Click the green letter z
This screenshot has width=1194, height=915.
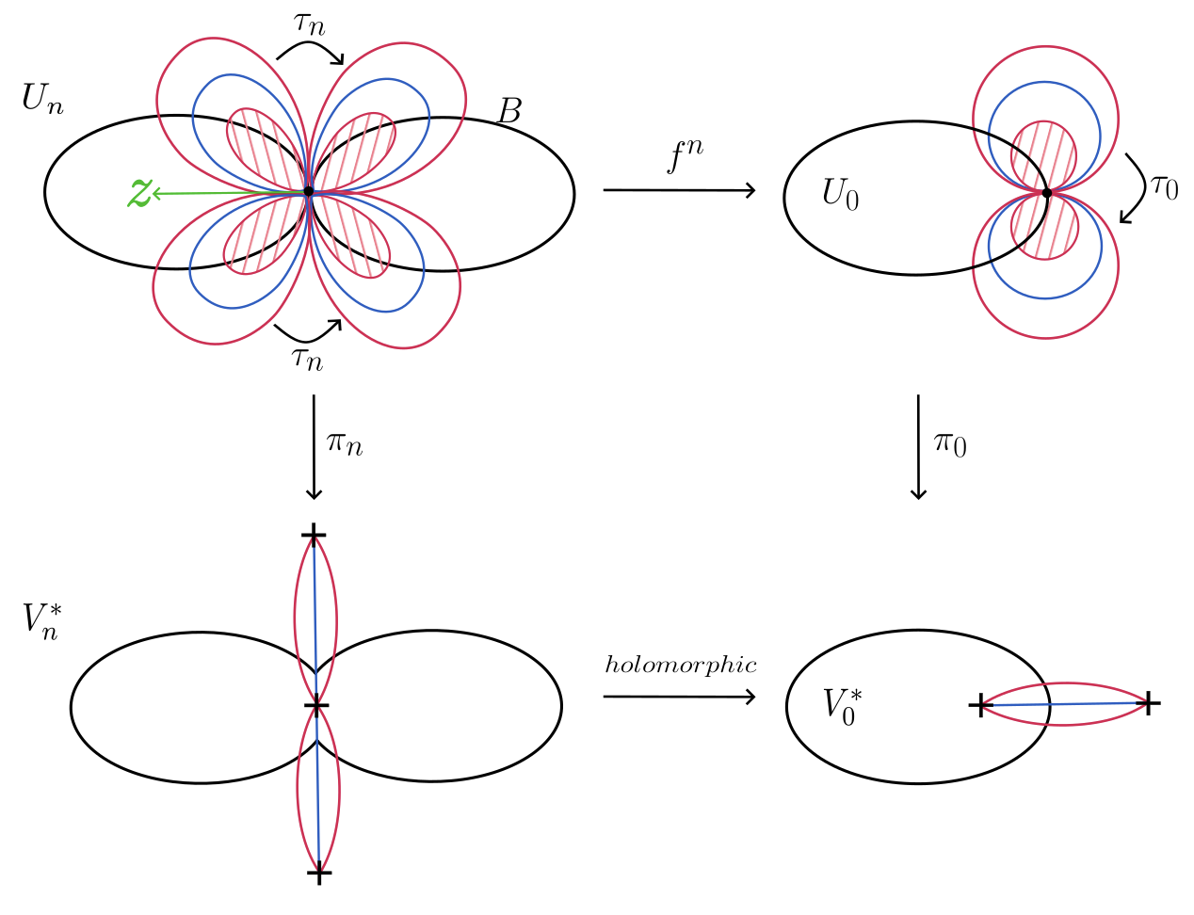(139, 193)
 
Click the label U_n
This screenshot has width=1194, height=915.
(42, 99)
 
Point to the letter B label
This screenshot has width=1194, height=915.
(508, 111)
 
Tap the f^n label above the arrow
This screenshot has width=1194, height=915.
(685, 156)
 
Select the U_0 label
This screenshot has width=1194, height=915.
(840, 195)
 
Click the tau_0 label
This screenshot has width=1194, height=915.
(1164, 186)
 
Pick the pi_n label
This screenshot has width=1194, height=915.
(344, 441)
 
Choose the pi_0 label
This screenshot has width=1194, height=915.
(949, 442)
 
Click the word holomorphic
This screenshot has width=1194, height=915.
(680, 666)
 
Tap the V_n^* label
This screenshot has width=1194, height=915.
(42, 620)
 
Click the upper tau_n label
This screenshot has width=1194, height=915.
(309, 24)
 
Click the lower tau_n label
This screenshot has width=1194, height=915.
(307, 357)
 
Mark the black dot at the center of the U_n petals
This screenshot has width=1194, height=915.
(308, 191)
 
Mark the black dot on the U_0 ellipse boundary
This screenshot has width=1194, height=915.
(1046, 193)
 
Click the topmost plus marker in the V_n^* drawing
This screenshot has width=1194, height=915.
(314, 536)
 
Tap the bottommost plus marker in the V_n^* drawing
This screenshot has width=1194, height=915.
(320, 874)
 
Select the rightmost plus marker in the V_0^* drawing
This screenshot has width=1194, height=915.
(1148, 702)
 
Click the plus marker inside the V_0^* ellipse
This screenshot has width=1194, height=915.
(981, 705)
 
